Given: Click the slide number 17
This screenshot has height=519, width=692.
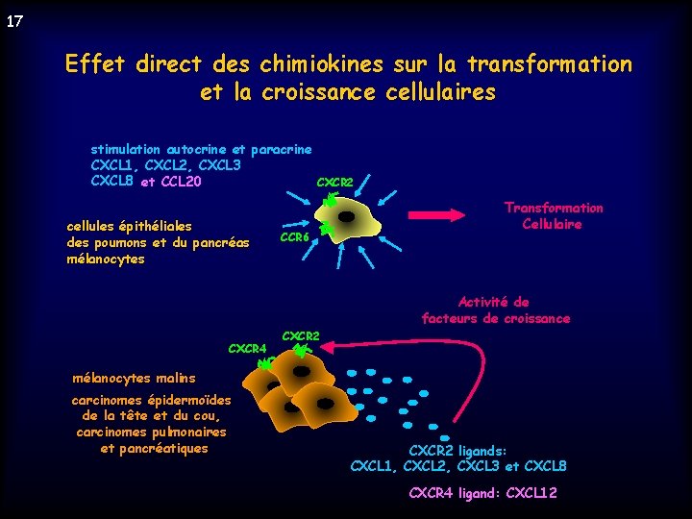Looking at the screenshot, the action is click(x=14, y=20).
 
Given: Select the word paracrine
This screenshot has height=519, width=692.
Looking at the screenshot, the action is click(x=281, y=150).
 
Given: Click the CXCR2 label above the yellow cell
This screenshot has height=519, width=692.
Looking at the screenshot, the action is click(x=334, y=182).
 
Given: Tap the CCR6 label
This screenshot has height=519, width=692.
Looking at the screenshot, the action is click(x=293, y=237).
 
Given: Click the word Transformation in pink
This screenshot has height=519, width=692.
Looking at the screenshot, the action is click(x=555, y=208).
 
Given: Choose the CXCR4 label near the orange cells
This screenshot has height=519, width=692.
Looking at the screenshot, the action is click(x=247, y=348).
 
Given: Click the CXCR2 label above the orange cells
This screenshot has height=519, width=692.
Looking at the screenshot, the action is click(x=300, y=335).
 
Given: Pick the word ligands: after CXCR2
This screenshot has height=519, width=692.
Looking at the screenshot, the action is click(x=484, y=450).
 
